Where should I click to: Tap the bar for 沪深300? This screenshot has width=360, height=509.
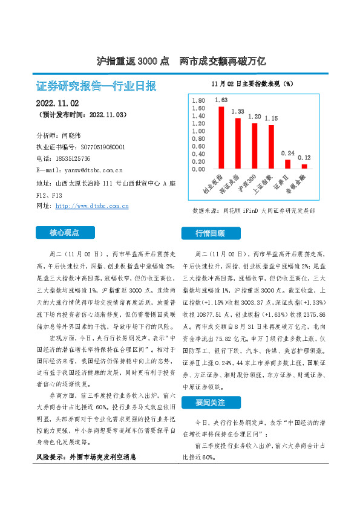254,146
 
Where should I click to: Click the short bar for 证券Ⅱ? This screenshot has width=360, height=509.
287,164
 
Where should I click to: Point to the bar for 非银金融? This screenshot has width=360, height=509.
304,166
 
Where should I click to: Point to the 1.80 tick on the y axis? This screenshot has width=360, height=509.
198,100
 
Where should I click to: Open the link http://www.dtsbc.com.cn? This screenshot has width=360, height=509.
92,206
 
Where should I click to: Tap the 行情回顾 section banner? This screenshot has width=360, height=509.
209,233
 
